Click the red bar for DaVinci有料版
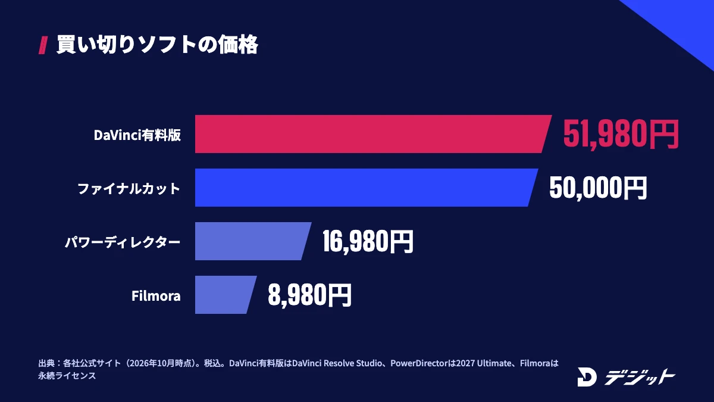coord(373,134)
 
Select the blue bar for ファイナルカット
coord(366,188)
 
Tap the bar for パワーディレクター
coord(253,241)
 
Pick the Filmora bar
coord(226,295)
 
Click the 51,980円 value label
coord(621,134)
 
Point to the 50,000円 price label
coord(598,188)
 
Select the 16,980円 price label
coord(368,242)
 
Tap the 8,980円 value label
coord(309,295)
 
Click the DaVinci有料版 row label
coord(137,135)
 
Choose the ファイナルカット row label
coord(129,189)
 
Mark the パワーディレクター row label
coord(123,242)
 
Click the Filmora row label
coord(156,296)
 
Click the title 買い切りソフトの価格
coord(157,44)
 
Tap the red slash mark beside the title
coord(43,45)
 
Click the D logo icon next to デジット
coord(587,377)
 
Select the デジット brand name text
coord(640,377)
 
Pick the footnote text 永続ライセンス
coord(67,376)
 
